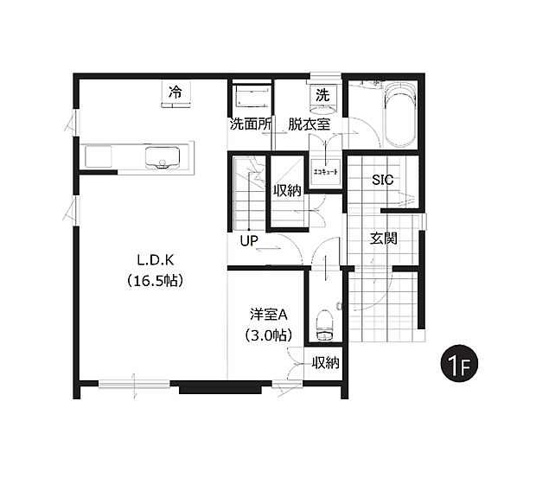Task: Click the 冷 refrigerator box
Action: point(175,92)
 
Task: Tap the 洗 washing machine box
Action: point(322,95)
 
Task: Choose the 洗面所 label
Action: point(251,124)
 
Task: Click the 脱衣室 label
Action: point(309,124)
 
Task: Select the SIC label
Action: point(382,180)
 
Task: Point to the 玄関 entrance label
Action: point(384,239)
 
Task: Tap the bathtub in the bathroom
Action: point(399,115)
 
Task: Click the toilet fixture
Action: point(325,324)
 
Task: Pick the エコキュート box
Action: point(326,171)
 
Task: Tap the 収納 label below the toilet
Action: point(325,362)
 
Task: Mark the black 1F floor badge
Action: point(457,363)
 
